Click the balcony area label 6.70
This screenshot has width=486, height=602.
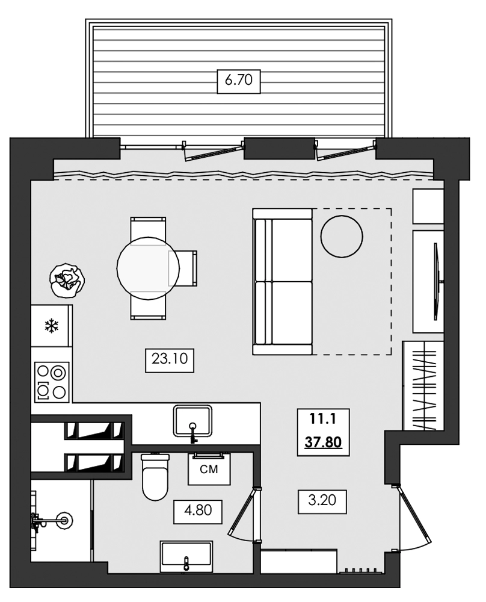(239, 81)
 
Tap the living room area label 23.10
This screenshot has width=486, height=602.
(170, 359)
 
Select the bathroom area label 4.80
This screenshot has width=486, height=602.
(198, 510)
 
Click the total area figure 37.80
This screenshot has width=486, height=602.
(323, 442)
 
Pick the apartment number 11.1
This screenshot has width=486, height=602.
(323, 419)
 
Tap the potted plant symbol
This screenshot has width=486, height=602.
(67, 281)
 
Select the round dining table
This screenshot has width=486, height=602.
(148, 268)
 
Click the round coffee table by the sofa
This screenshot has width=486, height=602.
(342, 236)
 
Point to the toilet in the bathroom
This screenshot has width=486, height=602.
(155, 476)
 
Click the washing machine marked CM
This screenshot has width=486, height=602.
(209, 468)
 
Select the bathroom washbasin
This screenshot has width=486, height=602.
(186, 554)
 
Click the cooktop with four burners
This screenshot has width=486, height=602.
(52, 382)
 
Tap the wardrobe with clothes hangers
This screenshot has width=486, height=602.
(423, 385)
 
